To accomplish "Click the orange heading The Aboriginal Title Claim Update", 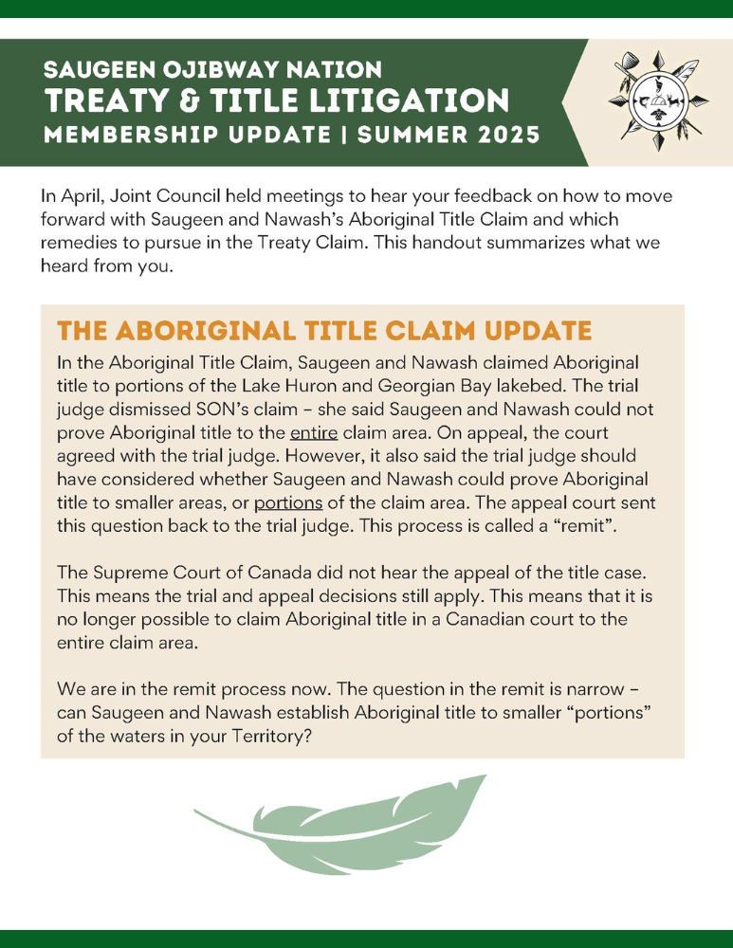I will tap(323, 331).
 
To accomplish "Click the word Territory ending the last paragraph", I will tap(253, 733).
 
